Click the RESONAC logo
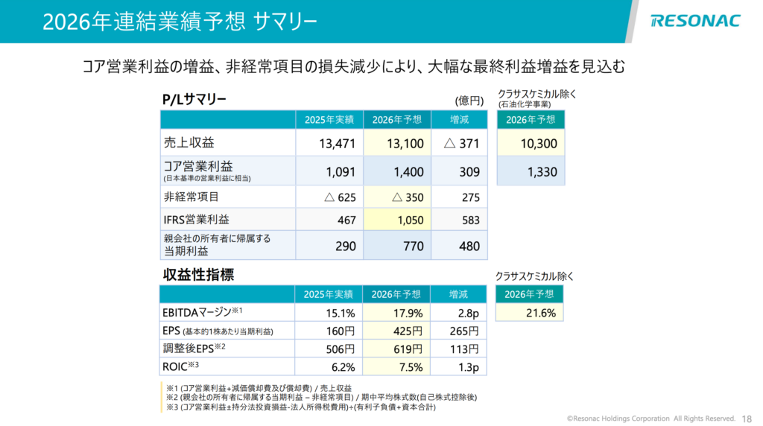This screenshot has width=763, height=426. point(694,20)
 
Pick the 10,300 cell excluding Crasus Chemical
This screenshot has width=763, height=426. point(531,143)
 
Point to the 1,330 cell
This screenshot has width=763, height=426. point(531,172)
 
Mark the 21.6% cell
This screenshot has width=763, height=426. point(531,313)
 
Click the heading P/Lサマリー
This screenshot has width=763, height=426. point(194,100)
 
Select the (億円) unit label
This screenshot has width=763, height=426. point(469,101)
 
